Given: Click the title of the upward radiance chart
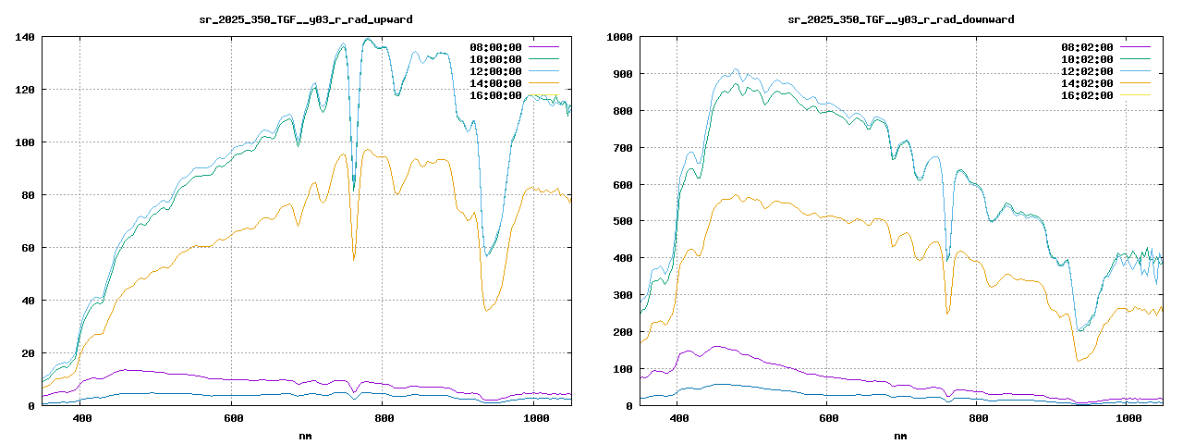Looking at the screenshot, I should pos(306,18).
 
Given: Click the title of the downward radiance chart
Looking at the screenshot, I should pos(900,18).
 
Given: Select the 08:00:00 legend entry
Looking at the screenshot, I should pos(495,47).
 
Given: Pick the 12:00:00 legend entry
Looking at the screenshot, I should pos(495,71).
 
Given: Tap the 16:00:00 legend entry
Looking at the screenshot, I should pos(495,95).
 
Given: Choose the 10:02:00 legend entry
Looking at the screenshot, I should pos(1087,59).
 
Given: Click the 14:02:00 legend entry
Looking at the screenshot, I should pos(1087,83).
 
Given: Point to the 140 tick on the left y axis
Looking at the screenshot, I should pos(24,37).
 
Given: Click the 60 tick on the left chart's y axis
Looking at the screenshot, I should pos(27,248).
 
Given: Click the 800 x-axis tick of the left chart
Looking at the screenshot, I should pos(384,419).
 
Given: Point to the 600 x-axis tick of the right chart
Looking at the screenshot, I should pos(828,419).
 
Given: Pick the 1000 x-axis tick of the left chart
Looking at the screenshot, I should pos(536,419).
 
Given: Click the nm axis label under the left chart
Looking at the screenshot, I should pos(306,435).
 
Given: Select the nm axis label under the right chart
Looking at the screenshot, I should pos(900,435).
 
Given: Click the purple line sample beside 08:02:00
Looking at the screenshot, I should pos(1135,47).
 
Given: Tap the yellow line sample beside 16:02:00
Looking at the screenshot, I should pos(1135,95).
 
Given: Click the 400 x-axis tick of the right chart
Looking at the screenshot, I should pos(677,419).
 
